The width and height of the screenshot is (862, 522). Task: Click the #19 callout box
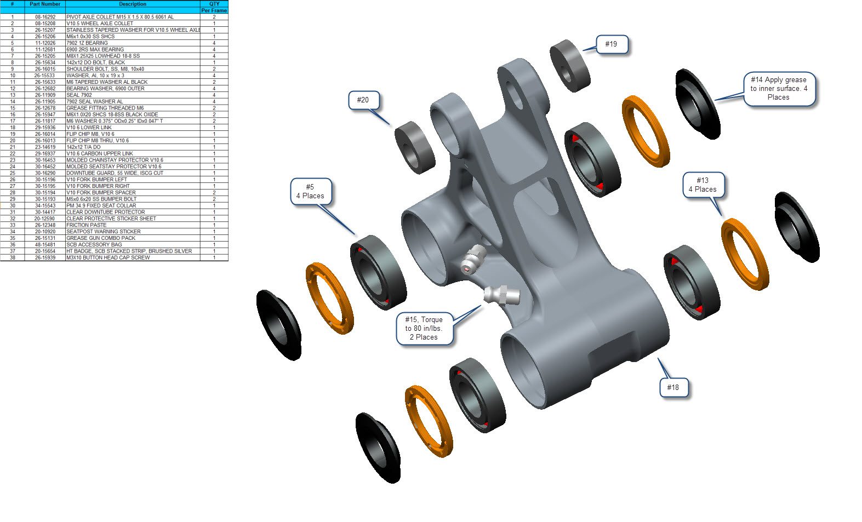point(612,44)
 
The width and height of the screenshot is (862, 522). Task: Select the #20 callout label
point(364,100)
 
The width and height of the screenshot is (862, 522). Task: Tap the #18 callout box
point(674,388)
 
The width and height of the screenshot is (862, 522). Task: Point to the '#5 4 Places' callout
point(311,192)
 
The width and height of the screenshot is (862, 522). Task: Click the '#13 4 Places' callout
point(704,185)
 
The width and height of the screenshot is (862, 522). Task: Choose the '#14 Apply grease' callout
point(779,89)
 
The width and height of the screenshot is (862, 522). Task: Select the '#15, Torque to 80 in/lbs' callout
point(425,329)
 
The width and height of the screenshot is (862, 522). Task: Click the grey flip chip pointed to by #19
point(570,66)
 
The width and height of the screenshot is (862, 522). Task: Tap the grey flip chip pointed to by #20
point(415,147)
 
